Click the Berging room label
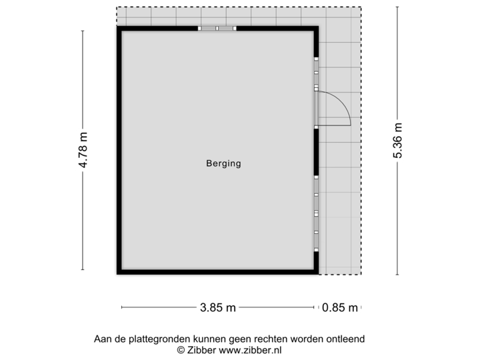223,163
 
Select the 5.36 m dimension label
398,141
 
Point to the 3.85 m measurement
217,307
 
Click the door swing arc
341,107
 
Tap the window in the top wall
217,29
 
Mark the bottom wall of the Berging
217,272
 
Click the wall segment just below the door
317,150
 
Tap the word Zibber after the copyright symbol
199,349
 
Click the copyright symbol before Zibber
179,349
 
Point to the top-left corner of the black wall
117,29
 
